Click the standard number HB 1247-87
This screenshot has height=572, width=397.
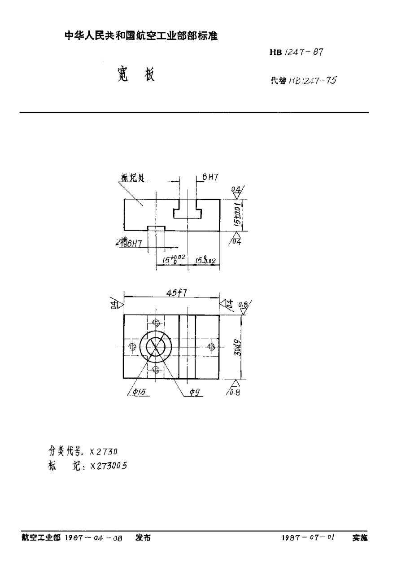(296, 52)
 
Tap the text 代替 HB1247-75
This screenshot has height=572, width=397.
(303, 81)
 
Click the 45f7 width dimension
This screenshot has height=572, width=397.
(176, 293)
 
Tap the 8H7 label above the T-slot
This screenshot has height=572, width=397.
(210, 177)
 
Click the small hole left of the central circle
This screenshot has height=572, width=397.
(132, 346)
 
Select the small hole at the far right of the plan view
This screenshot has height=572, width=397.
(211, 346)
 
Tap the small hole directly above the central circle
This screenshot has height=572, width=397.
(156, 323)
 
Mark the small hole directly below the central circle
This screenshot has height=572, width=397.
(156, 370)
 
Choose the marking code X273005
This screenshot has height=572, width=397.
(109, 466)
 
